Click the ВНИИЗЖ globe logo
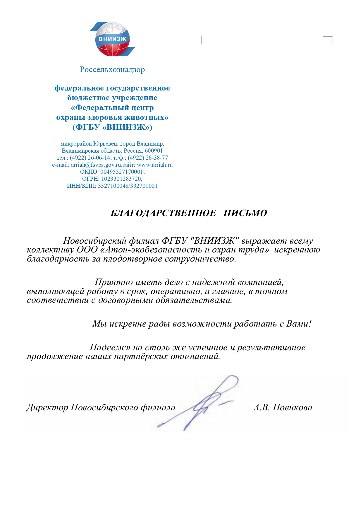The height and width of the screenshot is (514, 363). [112, 39]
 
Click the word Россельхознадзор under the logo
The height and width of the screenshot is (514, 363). [112, 70]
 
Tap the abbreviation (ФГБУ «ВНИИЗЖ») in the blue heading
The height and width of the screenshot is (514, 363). [112, 127]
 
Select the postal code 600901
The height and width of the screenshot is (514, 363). [154, 151]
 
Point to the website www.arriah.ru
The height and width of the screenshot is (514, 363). [155, 165]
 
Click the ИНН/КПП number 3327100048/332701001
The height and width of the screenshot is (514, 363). [128, 186]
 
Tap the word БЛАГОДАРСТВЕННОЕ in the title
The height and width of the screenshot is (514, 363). [163, 213]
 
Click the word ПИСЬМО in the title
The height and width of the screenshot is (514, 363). [245, 213]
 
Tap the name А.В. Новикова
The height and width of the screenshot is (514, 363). [283, 407]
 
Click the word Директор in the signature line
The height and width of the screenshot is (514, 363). [47, 407]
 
